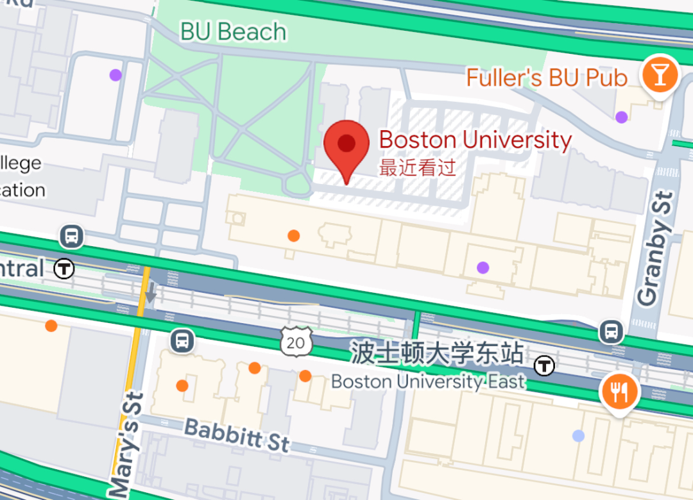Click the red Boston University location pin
[346, 146]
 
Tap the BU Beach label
[233, 32]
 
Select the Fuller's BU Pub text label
[547, 78]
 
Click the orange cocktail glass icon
[659, 74]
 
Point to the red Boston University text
[475, 140]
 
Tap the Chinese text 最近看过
[418, 168]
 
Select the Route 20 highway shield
[296, 342]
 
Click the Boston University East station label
[428, 382]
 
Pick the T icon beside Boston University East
[545, 366]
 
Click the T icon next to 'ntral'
[64, 269]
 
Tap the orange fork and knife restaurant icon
[619, 392]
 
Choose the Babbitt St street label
[237, 435]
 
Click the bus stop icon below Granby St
[611, 331]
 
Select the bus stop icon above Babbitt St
[183, 340]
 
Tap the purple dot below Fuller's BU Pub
[621, 117]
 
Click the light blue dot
[578, 436]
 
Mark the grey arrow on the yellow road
[150, 294]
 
